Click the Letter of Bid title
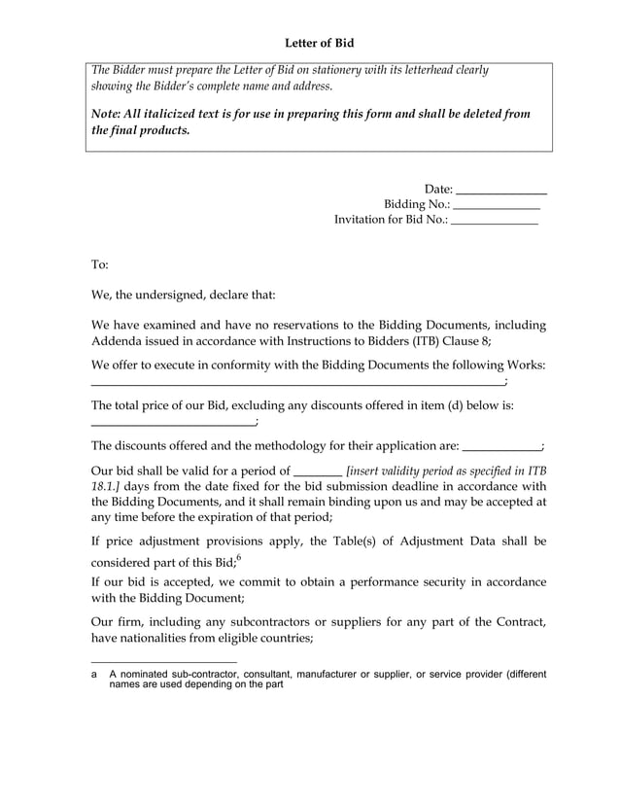pos(311,44)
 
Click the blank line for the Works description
pos(297,386)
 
